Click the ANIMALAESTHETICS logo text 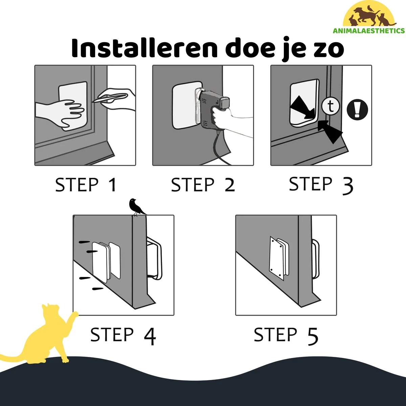click(x=369, y=31)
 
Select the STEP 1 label click(x=86, y=185)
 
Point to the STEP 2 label click(x=203, y=185)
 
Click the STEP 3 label click(x=321, y=185)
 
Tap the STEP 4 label click(x=123, y=335)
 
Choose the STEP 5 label click(x=286, y=335)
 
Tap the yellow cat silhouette click(x=42, y=337)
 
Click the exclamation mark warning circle click(x=357, y=110)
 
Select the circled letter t click(x=331, y=106)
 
